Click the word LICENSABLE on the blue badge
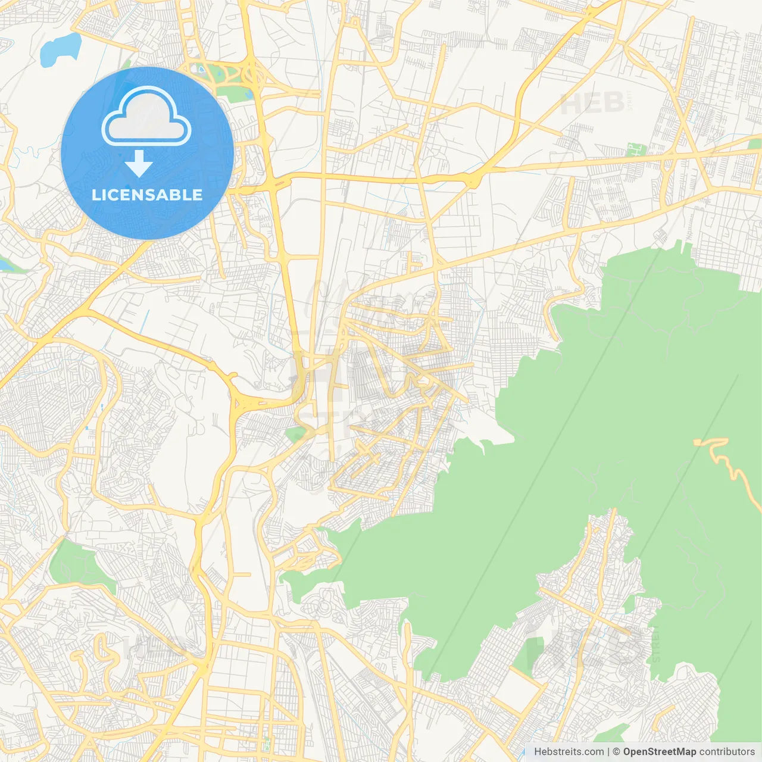point(147,195)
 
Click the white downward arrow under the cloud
point(139,164)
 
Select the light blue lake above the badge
point(60,49)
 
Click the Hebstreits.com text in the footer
point(569,752)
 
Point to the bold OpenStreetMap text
point(659,752)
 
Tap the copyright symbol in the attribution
point(616,752)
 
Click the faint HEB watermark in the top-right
point(592,104)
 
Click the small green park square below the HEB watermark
point(636,149)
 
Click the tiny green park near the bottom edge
point(266,744)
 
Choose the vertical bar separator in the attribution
point(608,752)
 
